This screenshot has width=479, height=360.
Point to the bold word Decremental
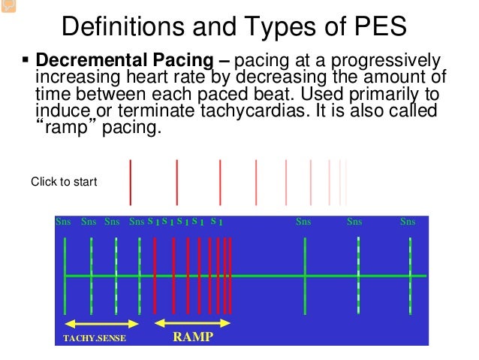[84, 61]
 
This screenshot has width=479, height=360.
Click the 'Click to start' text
[64, 182]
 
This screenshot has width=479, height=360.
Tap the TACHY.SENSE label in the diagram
[94, 338]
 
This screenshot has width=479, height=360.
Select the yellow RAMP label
[193, 337]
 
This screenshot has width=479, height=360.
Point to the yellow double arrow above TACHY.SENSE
[102, 323]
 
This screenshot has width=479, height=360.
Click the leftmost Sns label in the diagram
[64, 222]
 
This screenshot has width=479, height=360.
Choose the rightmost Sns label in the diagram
[408, 222]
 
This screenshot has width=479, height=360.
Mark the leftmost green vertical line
[66, 276]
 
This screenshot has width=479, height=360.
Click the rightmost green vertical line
[410, 276]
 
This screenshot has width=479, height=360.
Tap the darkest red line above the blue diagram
[131, 182]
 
